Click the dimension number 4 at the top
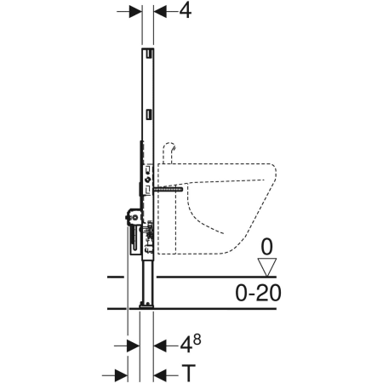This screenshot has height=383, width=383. (185, 11)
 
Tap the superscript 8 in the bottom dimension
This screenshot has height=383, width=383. (197, 340)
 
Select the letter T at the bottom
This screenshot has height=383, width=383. (188, 373)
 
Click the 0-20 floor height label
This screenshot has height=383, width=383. (258, 293)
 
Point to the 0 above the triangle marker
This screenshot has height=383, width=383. (266, 247)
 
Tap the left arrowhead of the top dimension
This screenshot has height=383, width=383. (135, 12)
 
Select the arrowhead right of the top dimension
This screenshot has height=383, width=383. (160, 12)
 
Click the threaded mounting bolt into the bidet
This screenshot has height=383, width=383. (168, 189)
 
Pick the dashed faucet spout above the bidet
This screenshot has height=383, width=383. (169, 152)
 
